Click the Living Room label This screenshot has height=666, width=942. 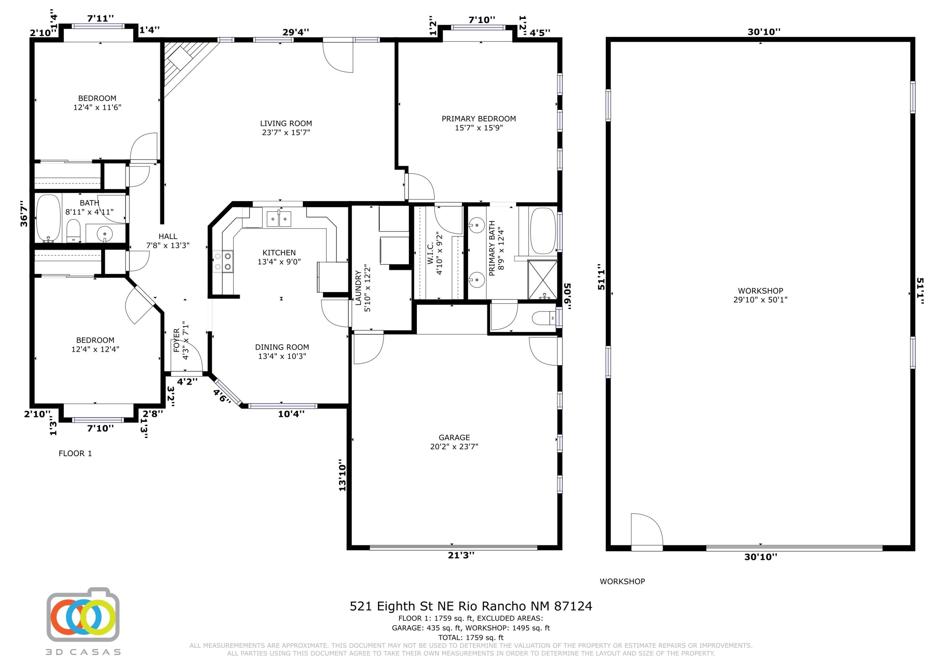pos(286,123)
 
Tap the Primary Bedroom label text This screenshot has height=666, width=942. pos(479,119)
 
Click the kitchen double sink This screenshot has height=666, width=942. pos(279,219)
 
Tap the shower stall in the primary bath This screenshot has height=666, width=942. pos(542,280)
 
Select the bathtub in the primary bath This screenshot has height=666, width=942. pos(543,231)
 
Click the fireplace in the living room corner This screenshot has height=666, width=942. pos(187,66)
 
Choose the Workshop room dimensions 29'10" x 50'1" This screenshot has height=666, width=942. pos(760,300)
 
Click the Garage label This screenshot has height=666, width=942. pos(454,438)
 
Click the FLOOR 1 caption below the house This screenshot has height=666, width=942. pos(75,453)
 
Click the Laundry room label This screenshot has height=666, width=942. pos(358,288)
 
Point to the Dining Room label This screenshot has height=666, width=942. pos(282,347)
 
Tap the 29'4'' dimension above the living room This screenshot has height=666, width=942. pos(296,32)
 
